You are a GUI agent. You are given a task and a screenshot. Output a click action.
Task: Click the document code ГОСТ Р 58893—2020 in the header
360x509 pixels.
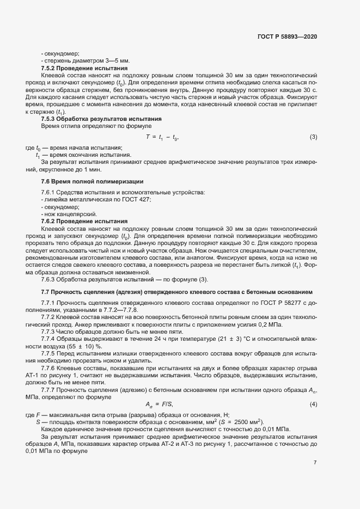[287, 36]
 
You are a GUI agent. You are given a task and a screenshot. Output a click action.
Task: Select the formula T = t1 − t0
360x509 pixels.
[162, 137]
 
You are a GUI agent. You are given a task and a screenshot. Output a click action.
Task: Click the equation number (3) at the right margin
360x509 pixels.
[313, 137]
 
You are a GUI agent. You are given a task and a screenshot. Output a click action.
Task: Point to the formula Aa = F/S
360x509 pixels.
[158, 403]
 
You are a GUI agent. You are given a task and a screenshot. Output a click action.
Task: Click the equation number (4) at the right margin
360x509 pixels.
[313, 403]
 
